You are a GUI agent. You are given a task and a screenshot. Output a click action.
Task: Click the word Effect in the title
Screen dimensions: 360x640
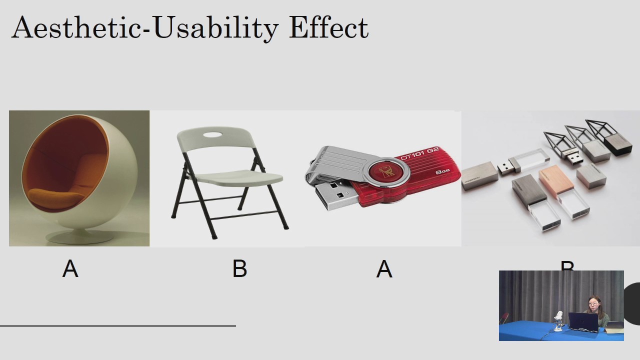328,28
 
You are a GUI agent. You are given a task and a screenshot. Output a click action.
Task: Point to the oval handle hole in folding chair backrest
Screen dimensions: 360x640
214,135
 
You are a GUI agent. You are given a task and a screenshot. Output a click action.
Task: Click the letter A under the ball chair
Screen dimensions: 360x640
70,269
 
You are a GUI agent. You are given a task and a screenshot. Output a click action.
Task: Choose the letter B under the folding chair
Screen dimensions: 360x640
239,269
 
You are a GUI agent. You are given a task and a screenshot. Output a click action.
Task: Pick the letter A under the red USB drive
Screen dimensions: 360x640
384,269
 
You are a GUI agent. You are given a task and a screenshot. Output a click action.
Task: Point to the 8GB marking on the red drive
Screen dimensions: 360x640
442,172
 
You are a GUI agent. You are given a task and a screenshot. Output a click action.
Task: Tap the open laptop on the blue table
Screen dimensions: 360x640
583,322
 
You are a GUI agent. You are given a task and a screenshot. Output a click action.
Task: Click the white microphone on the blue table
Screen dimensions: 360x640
559,316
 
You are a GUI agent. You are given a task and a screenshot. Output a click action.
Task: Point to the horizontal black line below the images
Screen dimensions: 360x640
117,325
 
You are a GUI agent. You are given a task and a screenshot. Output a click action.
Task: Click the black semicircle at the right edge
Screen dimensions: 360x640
632,303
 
